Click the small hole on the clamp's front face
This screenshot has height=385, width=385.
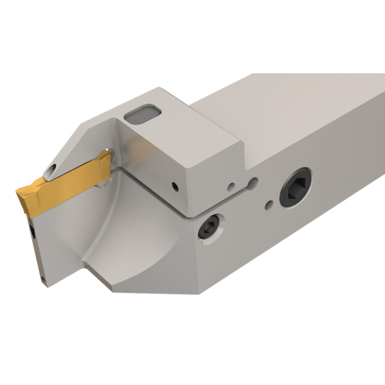point(174,186)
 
